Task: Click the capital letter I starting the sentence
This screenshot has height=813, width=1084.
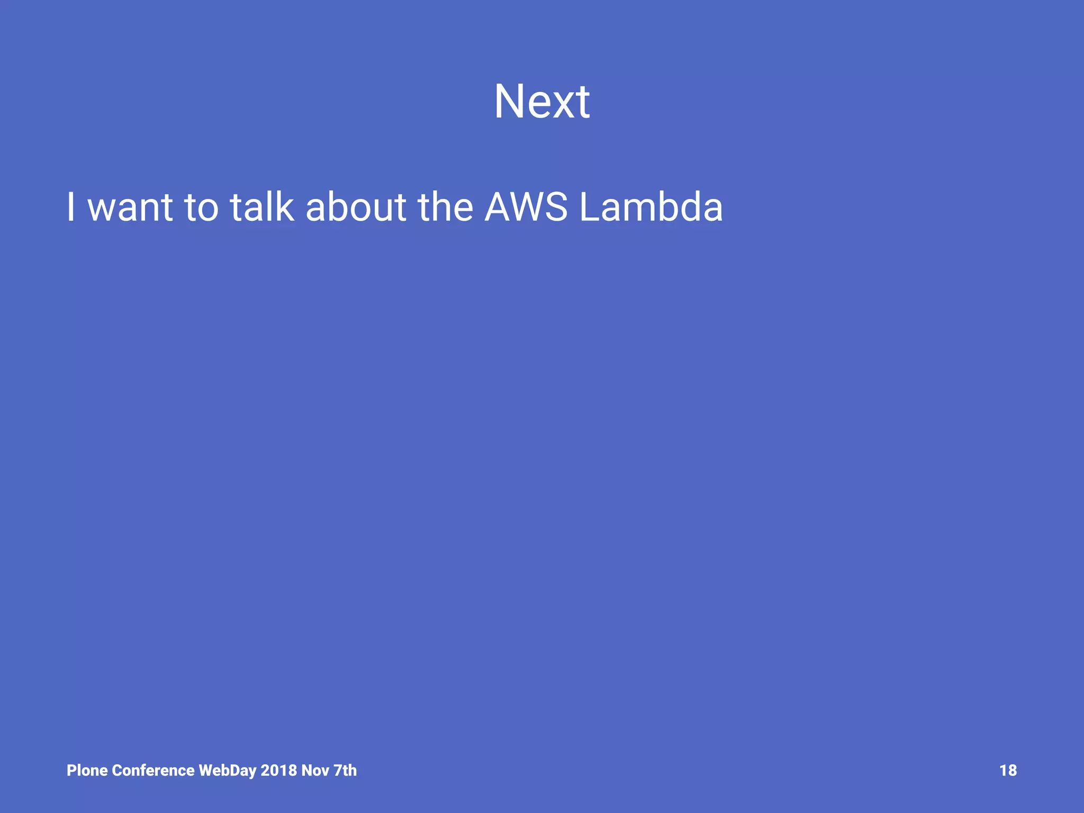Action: pyautogui.click(x=71, y=207)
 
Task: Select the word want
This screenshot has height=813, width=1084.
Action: pyautogui.click(x=130, y=207)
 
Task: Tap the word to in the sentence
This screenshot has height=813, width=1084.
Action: pyautogui.click(x=201, y=207)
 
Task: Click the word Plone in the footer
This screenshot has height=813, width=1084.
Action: pyautogui.click(x=87, y=770)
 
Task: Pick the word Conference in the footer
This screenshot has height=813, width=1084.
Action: pyautogui.click(x=153, y=770)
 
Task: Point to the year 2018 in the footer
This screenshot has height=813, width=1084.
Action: pyautogui.click(x=278, y=770)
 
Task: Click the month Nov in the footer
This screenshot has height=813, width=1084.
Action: pyautogui.click(x=315, y=770)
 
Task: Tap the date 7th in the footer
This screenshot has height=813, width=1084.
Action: pyautogui.click(x=345, y=770)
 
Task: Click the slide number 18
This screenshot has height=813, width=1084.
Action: pyautogui.click(x=1008, y=770)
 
